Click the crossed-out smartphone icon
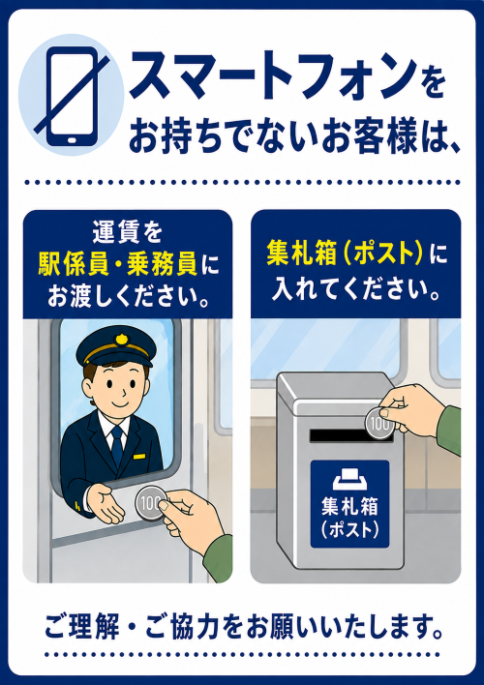coord(72,96)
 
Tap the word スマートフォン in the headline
coord(272,76)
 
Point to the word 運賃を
coord(127,233)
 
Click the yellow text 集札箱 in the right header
coord(301,256)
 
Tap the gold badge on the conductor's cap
coord(121,339)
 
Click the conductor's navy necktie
coord(117,446)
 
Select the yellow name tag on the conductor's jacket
coord(139,457)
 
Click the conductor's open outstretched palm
coord(106,503)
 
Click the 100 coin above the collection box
coord(379,423)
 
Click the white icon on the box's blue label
coord(349,479)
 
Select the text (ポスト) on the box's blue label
coord(349,530)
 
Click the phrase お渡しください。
coord(127,297)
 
